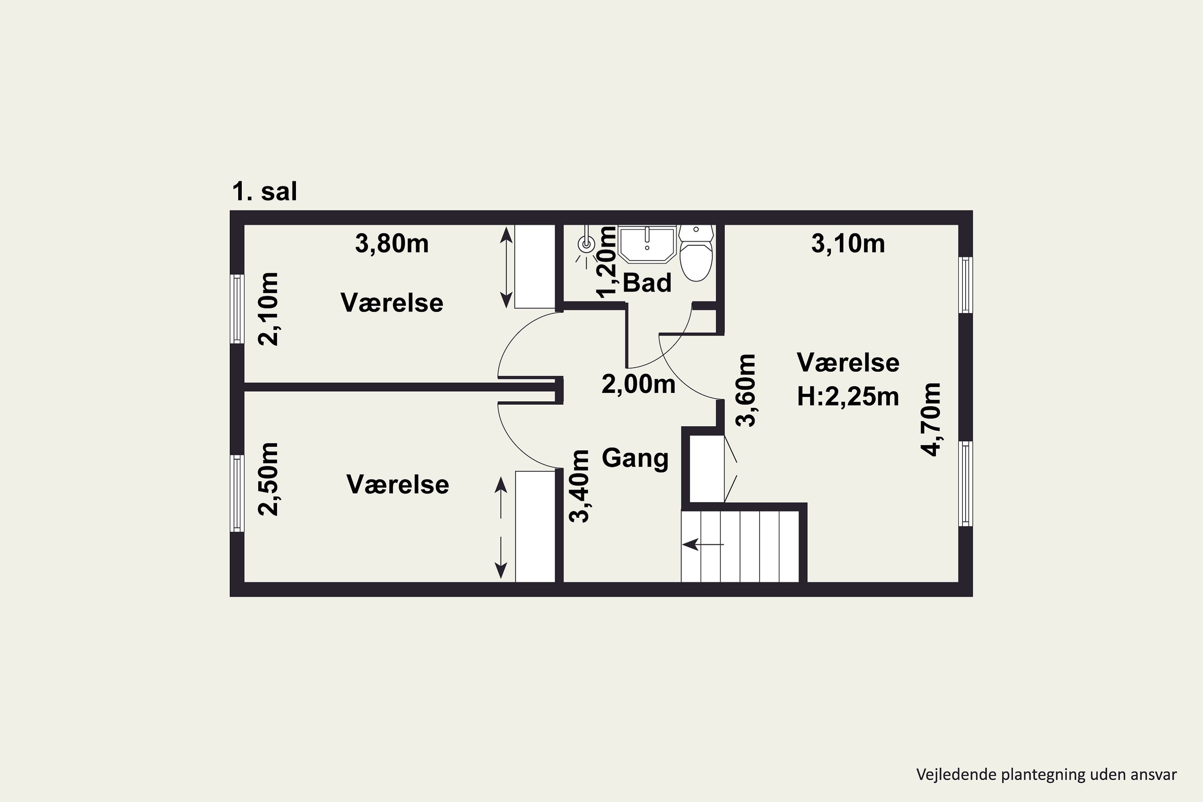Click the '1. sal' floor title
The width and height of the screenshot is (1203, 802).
click(264, 192)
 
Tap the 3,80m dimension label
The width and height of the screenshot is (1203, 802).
click(392, 243)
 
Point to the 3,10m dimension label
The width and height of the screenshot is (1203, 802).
click(848, 243)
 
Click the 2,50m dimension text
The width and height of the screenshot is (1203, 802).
click(268, 479)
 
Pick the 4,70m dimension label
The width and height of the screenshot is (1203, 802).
click(930, 419)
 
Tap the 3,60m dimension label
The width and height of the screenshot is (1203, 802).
click(745, 390)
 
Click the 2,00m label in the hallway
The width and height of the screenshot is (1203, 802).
click(638, 384)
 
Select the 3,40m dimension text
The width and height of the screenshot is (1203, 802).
click(579, 486)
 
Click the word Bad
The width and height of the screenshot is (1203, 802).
click(647, 283)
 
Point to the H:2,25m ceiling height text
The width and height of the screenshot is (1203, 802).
click(848, 397)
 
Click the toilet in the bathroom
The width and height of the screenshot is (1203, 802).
click(696, 253)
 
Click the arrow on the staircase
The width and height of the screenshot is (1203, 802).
click(703, 544)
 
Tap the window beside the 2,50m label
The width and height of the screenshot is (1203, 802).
click(237, 493)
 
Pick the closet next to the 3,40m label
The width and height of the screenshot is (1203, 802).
click(535, 526)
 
